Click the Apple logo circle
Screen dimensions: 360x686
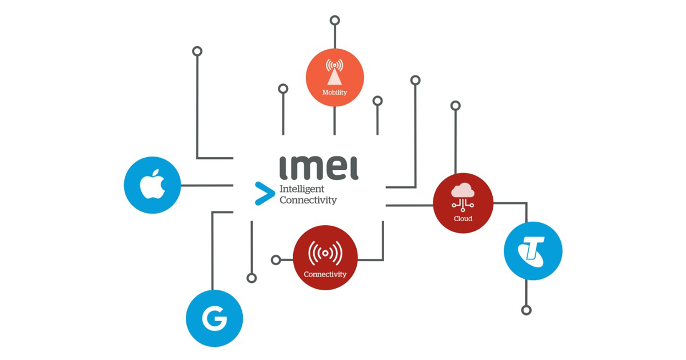[153, 185]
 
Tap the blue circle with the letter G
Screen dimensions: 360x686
[214, 318]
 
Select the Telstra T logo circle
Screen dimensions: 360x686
[533, 251]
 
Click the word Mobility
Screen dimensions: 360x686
[334, 93]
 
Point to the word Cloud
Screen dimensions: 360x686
[463, 218]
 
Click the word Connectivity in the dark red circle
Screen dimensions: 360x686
[325, 274]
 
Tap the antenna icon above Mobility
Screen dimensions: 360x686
[334, 72]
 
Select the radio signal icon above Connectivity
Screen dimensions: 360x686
[325, 252]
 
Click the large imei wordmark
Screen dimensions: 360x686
[319, 168]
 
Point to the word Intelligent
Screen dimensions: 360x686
[301, 189]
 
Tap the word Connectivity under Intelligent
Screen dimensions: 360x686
[308, 200]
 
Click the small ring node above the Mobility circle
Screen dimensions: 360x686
[335, 21]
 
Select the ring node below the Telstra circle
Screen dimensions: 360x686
[527, 310]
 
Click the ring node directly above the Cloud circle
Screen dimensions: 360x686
[456, 106]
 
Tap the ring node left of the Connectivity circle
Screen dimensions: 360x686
[276, 260]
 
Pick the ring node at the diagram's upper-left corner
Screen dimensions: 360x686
[197, 51]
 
